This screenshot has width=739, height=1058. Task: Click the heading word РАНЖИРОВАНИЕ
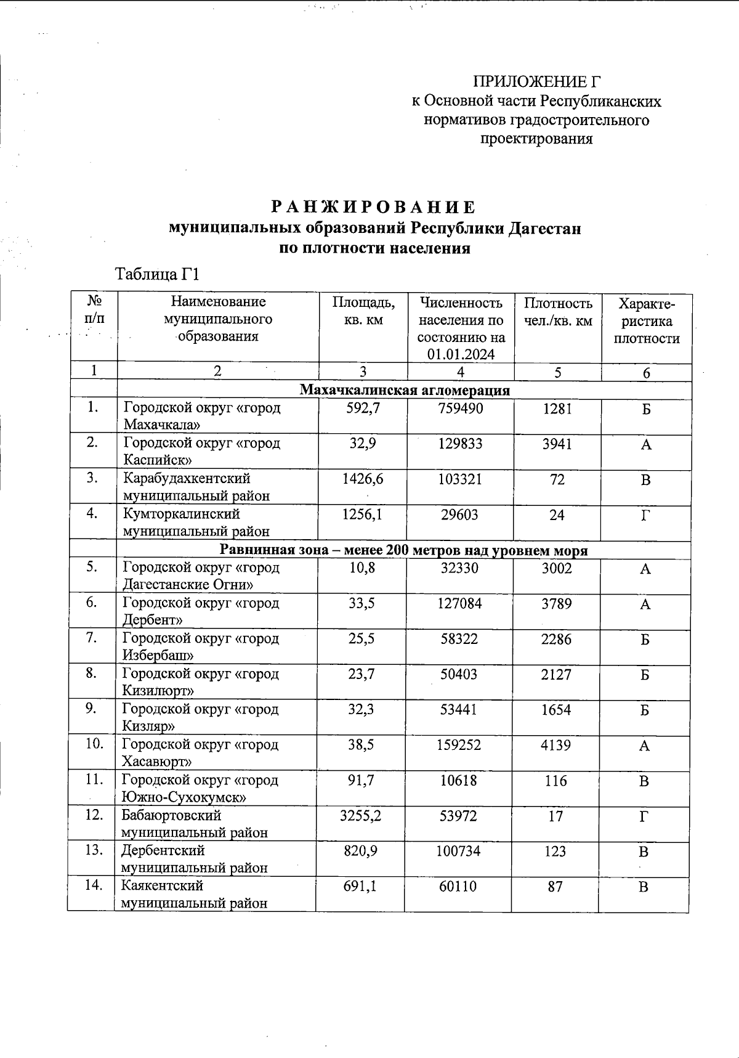click(374, 206)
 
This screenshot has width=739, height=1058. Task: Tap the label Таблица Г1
click(158, 274)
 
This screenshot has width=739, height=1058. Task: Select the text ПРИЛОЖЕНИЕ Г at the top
click(536, 82)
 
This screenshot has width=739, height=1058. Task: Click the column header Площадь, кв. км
click(363, 311)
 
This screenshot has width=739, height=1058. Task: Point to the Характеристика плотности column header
click(647, 321)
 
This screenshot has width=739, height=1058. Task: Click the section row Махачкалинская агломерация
click(405, 390)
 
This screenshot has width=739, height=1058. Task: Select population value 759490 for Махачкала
click(461, 409)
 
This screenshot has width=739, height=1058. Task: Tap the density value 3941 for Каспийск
click(557, 444)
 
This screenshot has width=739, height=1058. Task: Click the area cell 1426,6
click(363, 479)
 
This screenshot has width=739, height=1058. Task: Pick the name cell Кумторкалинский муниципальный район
click(196, 522)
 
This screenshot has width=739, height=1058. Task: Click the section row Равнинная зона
click(404, 550)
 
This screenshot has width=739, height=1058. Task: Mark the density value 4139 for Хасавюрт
click(555, 745)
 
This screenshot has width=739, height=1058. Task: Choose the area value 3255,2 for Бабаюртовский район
click(361, 816)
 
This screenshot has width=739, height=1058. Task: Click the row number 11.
click(94, 779)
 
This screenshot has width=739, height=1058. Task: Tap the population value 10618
click(459, 781)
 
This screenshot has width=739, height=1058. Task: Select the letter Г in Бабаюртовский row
click(644, 816)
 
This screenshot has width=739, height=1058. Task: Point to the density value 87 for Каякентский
click(555, 887)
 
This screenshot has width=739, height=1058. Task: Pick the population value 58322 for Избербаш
click(459, 639)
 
